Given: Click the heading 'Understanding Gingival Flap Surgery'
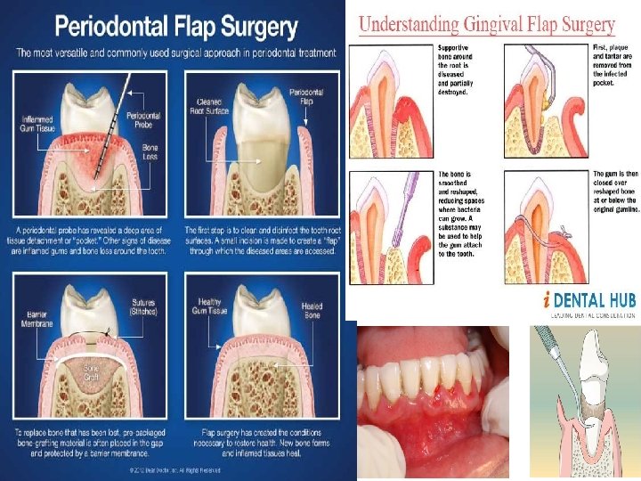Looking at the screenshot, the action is (x=499, y=23).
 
